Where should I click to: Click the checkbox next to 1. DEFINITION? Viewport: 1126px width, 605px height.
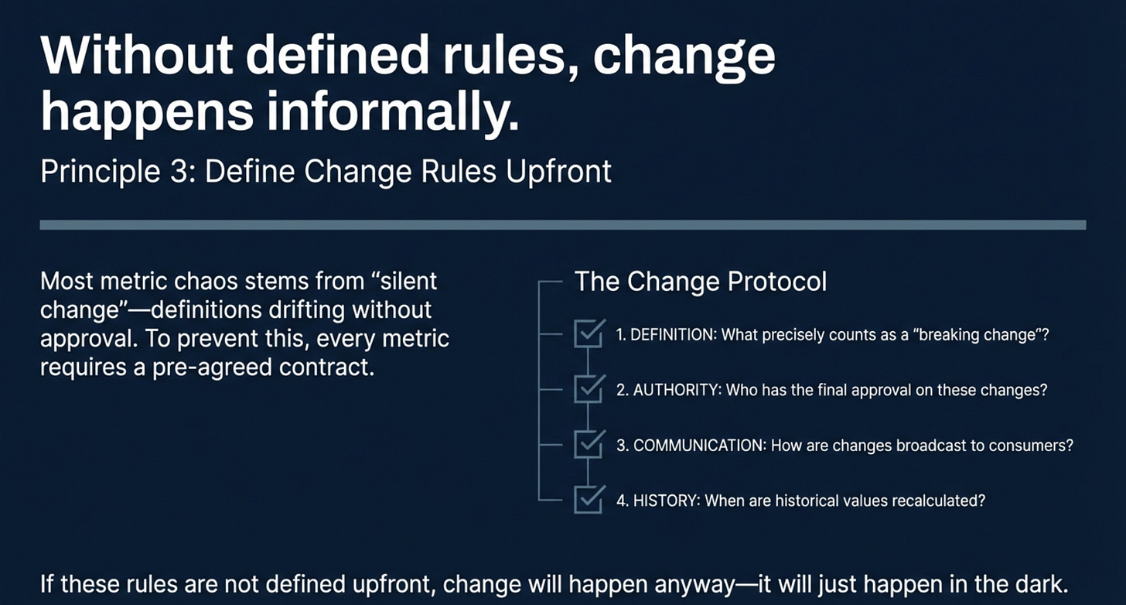click(x=588, y=335)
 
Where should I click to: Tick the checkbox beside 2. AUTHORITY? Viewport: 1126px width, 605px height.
click(x=588, y=390)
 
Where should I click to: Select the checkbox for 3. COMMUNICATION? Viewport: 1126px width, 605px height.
click(x=588, y=445)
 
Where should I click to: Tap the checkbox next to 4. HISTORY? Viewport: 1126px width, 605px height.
click(x=588, y=500)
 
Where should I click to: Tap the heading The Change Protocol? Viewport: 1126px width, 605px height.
click(x=700, y=282)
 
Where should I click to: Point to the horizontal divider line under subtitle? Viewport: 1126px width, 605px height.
click(x=562, y=225)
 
